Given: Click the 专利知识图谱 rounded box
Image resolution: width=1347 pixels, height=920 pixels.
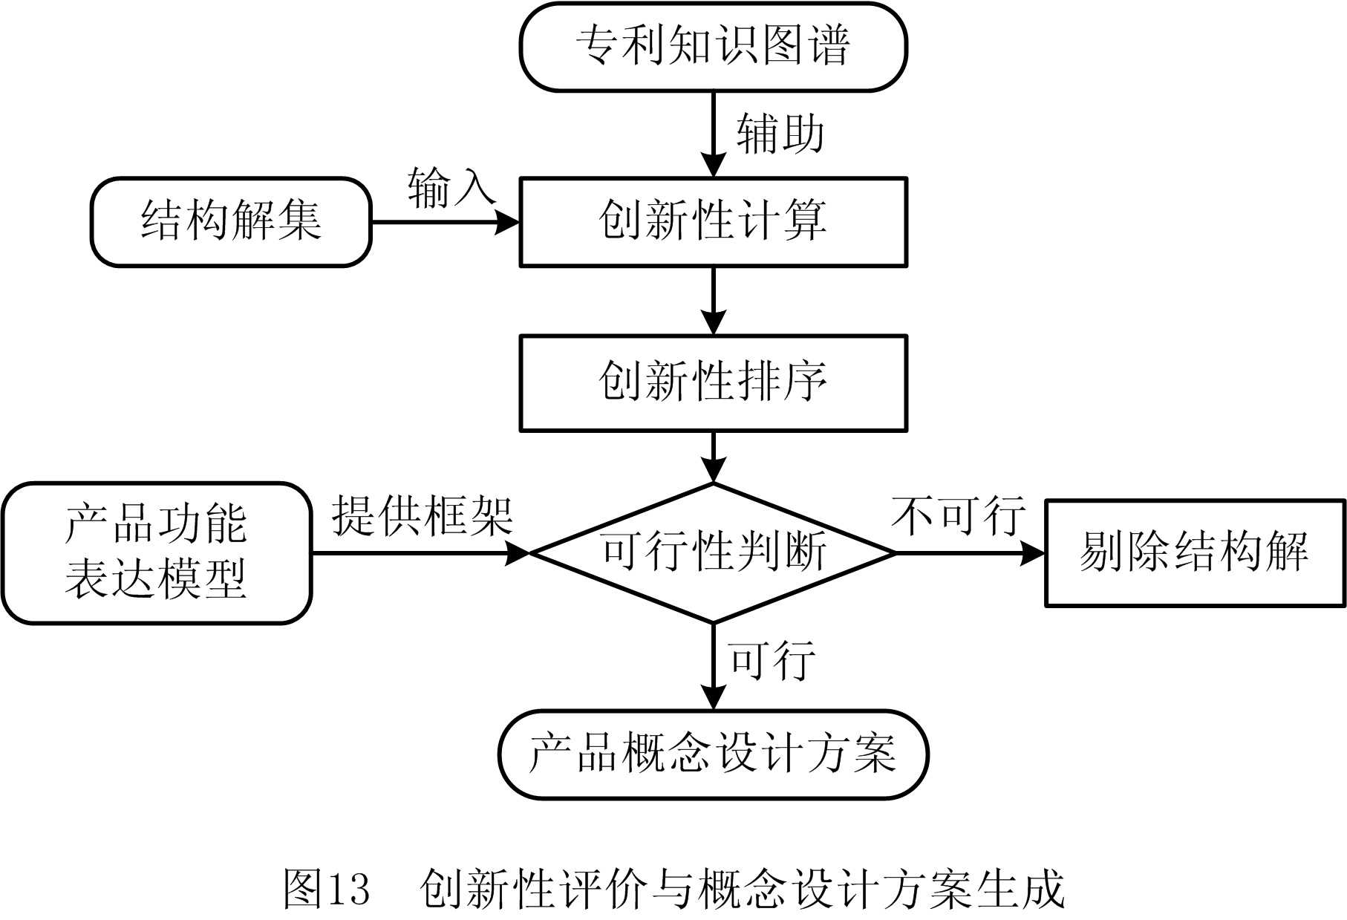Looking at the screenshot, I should pyautogui.click(x=713, y=47).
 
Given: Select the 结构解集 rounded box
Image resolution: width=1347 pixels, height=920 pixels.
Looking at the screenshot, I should pyautogui.click(x=231, y=221).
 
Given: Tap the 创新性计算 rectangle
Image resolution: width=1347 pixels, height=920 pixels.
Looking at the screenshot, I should pyautogui.click(x=713, y=221).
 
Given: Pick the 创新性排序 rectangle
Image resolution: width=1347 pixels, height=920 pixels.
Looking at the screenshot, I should pyautogui.click(x=713, y=382).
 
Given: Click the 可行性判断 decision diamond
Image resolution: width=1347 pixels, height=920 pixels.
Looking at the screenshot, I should pyautogui.click(x=713, y=553).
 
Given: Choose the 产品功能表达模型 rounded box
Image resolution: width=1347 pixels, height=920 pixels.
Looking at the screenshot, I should pyautogui.click(x=156, y=553).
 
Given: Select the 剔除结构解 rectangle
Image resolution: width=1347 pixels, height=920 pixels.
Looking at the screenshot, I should pyautogui.click(x=1195, y=553).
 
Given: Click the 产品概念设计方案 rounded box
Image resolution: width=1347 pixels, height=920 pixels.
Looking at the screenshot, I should pyautogui.click(x=713, y=754).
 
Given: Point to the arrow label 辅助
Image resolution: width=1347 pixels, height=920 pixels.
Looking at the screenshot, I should pyautogui.click(x=780, y=134).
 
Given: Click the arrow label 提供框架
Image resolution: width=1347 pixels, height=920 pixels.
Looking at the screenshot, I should pyautogui.click(x=422, y=515).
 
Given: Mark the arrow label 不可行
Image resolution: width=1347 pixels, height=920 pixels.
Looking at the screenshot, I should pyautogui.click(x=958, y=515).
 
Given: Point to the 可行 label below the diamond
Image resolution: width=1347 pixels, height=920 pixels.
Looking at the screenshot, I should pyautogui.click(x=772, y=659).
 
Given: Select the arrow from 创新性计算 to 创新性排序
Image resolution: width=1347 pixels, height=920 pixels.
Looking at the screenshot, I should pyautogui.click(x=714, y=300).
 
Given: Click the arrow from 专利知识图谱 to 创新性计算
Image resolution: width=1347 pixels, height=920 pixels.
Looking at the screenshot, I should pyautogui.click(x=714, y=134).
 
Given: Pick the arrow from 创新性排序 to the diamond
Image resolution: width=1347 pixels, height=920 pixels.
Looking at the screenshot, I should pyautogui.click(x=714, y=456).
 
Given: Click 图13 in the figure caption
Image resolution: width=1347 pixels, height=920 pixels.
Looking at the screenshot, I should pyautogui.click(x=327, y=888).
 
